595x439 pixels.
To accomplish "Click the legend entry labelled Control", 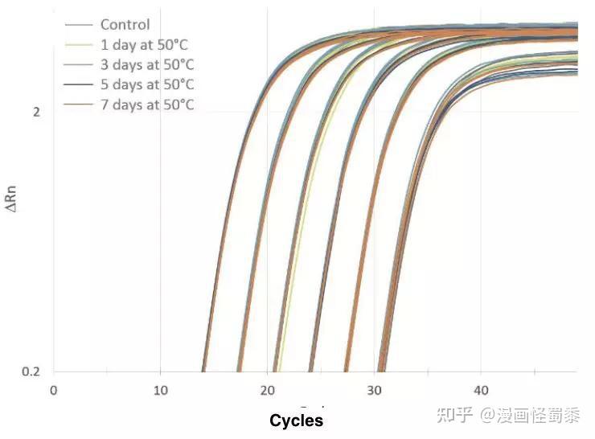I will point(125,24).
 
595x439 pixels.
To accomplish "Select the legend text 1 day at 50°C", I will point(144,44).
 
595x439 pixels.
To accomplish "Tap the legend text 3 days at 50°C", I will point(147,64).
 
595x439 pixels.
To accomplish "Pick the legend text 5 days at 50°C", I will point(147,84).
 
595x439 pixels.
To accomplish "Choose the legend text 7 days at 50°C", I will point(147,105).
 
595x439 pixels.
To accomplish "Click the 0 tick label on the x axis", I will point(54,390).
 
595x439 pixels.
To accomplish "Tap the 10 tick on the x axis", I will point(160,390).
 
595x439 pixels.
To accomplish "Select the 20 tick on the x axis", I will point(267,390).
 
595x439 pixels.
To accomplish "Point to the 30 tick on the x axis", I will point(374,390).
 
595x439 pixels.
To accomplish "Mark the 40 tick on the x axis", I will point(481,390).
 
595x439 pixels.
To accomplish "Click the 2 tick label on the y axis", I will point(36,112).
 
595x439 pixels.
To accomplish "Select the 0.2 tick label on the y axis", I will point(31,372).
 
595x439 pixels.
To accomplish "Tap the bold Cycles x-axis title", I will point(296,421).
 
